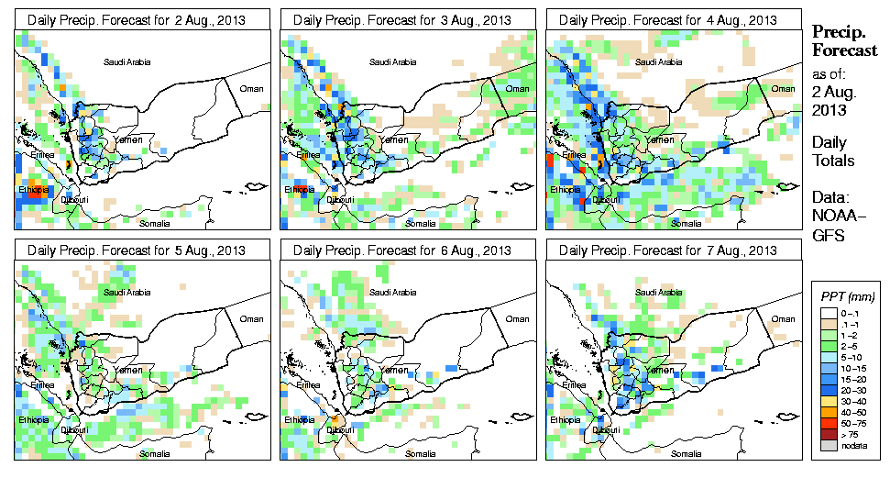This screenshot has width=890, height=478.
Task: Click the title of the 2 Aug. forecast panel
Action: coord(136,19)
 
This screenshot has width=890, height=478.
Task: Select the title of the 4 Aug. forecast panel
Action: coord(667,19)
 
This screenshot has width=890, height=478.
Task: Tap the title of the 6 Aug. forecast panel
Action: coord(401,250)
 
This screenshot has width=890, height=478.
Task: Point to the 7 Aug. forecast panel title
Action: coord(667,250)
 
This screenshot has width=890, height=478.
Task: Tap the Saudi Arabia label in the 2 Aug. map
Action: coord(126,62)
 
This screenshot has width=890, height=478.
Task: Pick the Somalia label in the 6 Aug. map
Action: coord(420,452)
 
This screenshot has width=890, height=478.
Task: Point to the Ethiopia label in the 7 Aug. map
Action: coord(564,420)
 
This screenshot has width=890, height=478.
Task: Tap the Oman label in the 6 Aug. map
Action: coord(517,319)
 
